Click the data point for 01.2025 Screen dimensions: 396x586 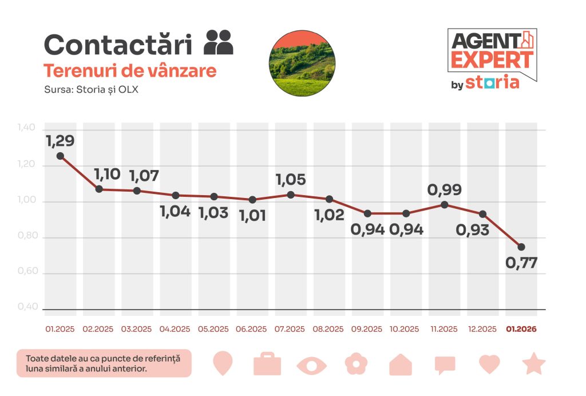pyautogui.click(x=60, y=156)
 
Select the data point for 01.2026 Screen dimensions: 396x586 pyautogui.click(x=521, y=247)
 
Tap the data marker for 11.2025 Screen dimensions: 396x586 pyautogui.click(x=444, y=204)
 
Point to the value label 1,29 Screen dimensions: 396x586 pyautogui.click(x=61, y=140)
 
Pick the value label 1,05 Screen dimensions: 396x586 pyautogui.click(x=291, y=180)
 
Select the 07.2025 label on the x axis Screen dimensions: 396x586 pyautogui.click(x=291, y=329)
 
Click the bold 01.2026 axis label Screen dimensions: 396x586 pyautogui.click(x=521, y=329)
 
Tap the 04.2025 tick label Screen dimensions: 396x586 pyautogui.click(x=175, y=329)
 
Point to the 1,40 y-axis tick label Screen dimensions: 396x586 pyautogui.click(x=28, y=128)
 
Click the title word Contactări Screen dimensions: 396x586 pyautogui.click(x=121, y=45)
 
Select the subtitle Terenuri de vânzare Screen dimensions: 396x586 pyautogui.click(x=130, y=71)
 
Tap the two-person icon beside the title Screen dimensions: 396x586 pyautogui.click(x=219, y=42)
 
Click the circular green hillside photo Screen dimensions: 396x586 pyautogui.click(x=302, y=63)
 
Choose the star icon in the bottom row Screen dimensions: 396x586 pyautogui.click(x=534, y=364)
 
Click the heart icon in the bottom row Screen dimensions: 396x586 pyautogui.click(x=489, y=364)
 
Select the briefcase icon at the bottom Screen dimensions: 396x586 pyautogui.click(x=267, y=364)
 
